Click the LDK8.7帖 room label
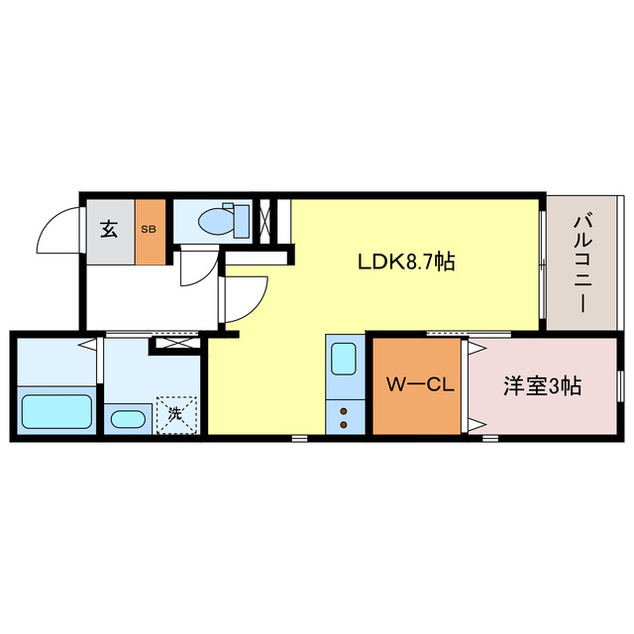point(406,263)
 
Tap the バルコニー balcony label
point(581,263)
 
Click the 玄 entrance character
point(109,230)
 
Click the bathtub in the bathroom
point(56,411)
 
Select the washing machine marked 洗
point(175,414)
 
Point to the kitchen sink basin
point(344,358)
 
